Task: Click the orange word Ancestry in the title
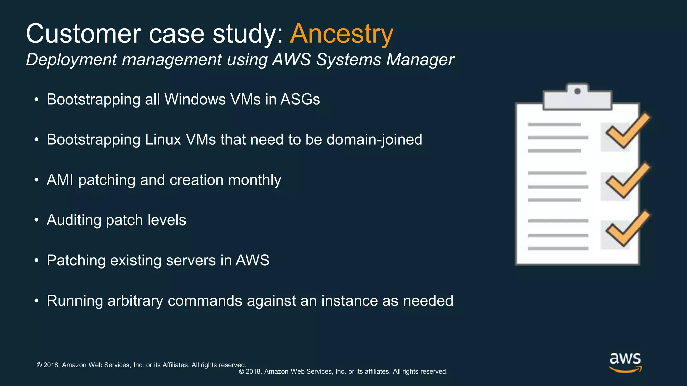[x=341, y=34]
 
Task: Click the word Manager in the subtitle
[x=420, y=60]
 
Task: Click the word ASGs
[x=300, y=100]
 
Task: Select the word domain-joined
[x=374, y=140]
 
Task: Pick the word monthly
[x=255, y=180]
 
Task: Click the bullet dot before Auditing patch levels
[x=36, y=220]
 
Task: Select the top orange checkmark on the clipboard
[x=627, y=131]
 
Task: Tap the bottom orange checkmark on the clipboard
[x=627, y=229]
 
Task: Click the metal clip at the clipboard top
[x=577, y=97]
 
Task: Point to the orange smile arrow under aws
[x=625, y=370]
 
